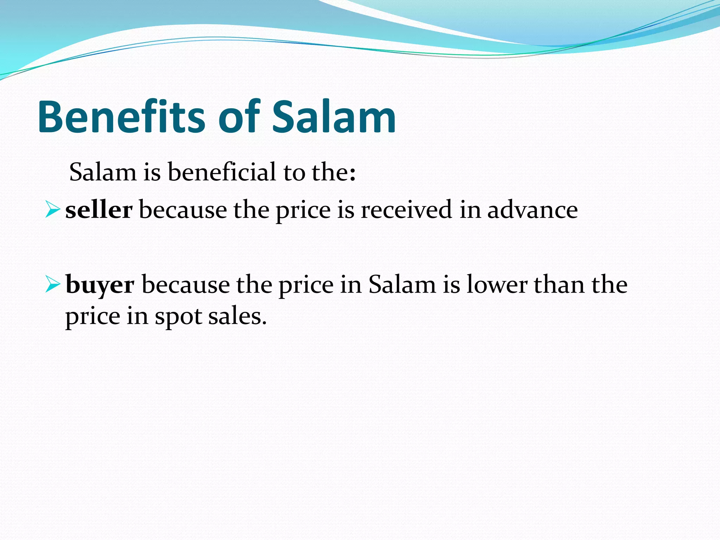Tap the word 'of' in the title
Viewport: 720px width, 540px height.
239,117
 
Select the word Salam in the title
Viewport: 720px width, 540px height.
334,117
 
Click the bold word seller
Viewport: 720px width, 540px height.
99,210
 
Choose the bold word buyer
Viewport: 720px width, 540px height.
100,285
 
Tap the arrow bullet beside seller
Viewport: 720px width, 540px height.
52,210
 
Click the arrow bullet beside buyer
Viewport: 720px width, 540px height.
52,285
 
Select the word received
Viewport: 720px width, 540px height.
406,210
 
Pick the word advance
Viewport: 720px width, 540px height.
532,210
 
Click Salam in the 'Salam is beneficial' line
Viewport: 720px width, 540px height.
103,172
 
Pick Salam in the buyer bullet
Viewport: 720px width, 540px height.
402,285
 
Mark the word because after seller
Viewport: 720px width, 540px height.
183,210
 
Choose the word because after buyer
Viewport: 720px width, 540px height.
185,285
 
